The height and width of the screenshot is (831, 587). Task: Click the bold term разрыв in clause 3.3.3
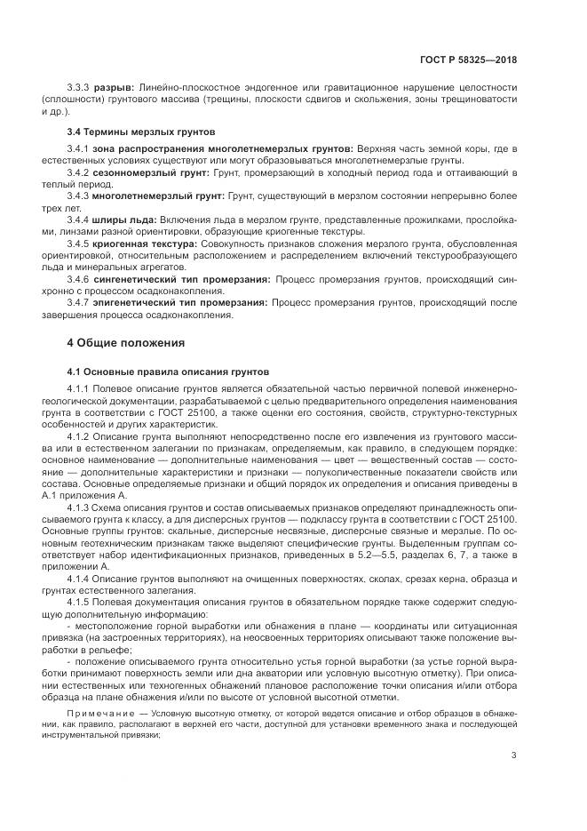point(114,86)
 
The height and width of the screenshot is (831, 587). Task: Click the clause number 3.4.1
point(80,147)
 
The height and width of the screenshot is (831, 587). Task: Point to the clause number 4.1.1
point(80,388)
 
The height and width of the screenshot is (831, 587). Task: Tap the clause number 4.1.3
point(80,507)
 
